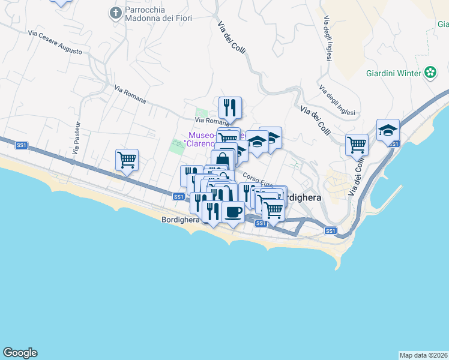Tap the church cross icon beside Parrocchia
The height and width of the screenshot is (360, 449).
click(115, 13)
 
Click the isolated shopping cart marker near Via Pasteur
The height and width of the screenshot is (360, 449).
click(127, 160)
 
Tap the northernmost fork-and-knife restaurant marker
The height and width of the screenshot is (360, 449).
click(230, 108)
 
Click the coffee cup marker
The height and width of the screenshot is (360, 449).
click(233, 212)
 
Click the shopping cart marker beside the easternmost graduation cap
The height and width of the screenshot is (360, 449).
click(357, 145)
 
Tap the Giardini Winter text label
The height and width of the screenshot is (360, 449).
click(393, 74)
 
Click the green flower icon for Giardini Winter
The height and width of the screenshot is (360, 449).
click(430, 73)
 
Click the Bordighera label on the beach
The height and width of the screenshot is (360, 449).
click(180, 220)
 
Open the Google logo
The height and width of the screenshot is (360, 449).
click(20, 353)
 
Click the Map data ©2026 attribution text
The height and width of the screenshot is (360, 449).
click(423, 355)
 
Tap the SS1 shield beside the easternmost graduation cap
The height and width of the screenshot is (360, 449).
click(393, 144)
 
